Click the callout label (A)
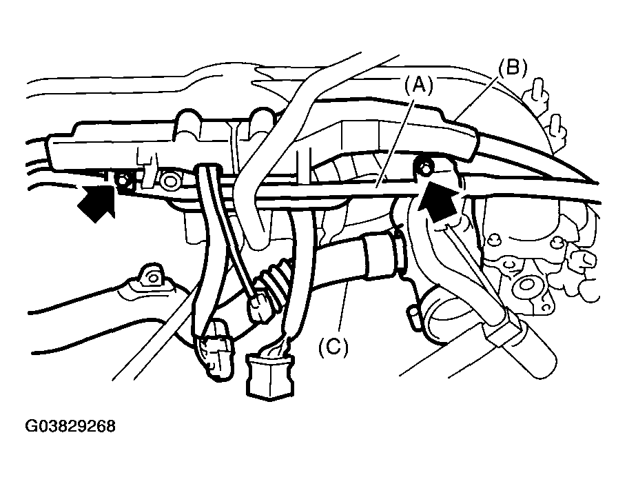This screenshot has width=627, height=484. click(418, 85)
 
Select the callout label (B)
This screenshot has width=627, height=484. click(513, 68)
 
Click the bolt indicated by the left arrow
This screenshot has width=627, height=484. click(124, 181)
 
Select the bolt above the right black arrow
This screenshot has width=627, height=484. click(426, 166)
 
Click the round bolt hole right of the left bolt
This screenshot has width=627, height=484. click(169, 182)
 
